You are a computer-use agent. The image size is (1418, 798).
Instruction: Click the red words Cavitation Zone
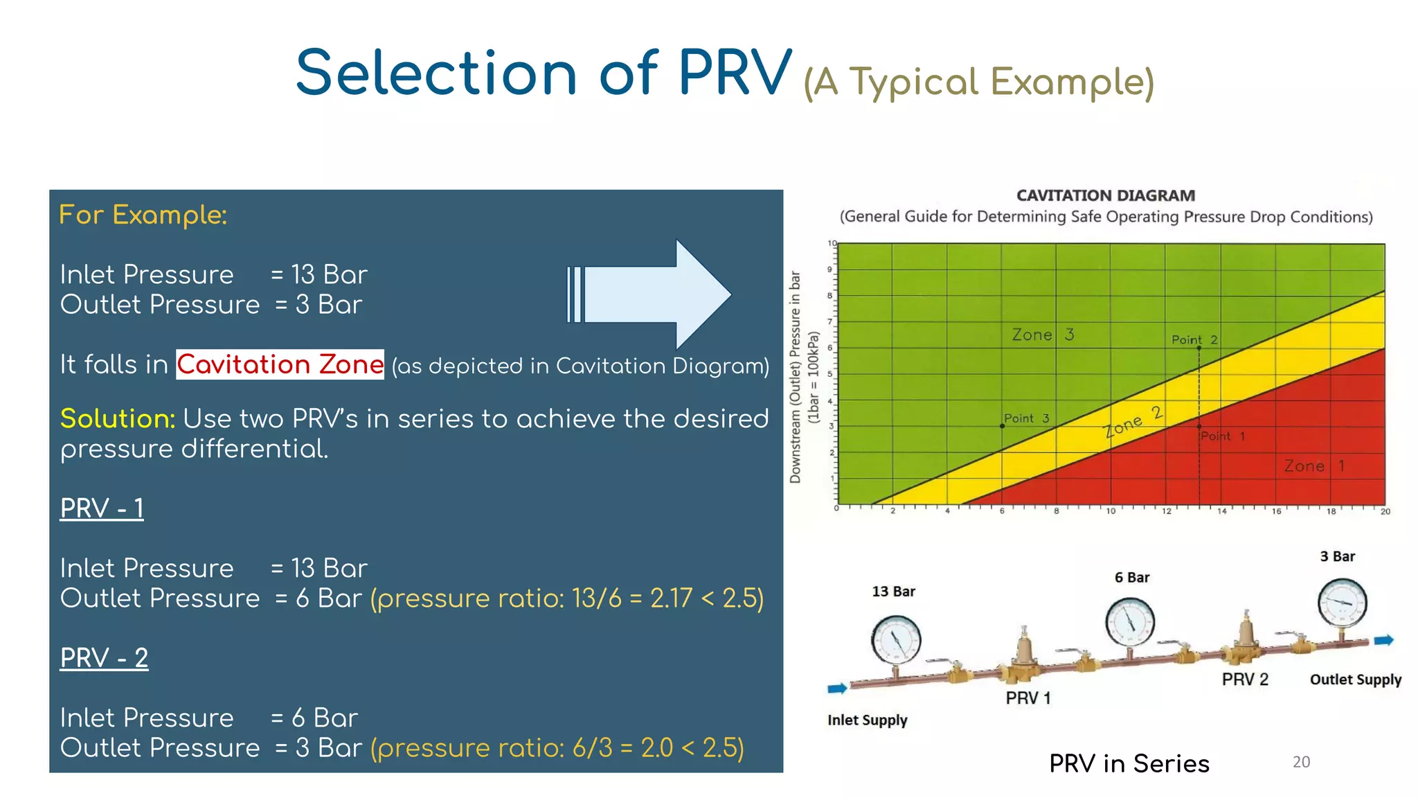point(280,364)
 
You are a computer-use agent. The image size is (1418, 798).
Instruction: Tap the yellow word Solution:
point(117,418)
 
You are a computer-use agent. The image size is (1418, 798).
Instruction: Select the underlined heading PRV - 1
point(102,508)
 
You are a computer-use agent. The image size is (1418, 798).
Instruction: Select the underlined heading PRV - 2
point(104,657)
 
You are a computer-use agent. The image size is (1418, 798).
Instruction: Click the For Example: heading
point(143,215)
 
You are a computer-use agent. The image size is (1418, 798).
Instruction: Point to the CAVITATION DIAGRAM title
point(1106,196)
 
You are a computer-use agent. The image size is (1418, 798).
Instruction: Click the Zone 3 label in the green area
point(1043,335)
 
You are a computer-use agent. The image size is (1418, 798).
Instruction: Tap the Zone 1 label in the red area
point(1313,466)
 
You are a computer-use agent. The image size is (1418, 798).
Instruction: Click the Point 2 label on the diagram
point(1194,339)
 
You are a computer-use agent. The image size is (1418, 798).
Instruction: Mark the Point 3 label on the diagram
point(1026,418)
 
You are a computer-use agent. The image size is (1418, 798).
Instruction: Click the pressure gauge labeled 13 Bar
point(896,641)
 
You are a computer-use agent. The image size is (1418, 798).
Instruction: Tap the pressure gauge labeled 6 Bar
point(1130,621)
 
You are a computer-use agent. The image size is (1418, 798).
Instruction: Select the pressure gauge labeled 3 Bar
point(1342,602)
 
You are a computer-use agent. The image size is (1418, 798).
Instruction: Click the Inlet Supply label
point(867,720)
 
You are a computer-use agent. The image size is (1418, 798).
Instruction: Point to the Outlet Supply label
point(1355,680)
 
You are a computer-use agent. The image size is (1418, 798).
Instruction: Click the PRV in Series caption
point(1129,763)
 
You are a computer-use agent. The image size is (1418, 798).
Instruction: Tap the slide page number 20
point(1301,762)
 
